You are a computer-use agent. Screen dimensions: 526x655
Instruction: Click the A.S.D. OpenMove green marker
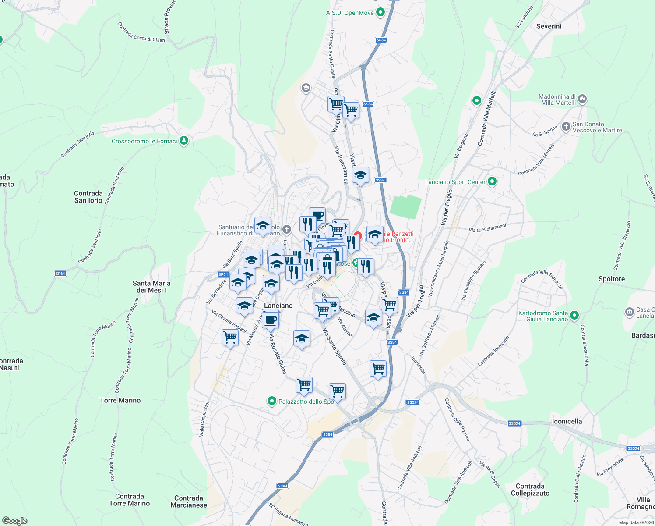380,12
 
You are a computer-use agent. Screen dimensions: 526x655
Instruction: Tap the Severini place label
549,26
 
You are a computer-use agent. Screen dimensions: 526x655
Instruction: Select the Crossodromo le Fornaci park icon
184,141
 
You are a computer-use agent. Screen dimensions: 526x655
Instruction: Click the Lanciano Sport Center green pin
492,181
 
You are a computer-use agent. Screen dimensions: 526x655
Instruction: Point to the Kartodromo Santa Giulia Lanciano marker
575,315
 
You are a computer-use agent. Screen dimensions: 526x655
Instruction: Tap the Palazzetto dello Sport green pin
272,401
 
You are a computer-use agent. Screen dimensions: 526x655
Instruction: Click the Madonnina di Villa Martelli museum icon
582,99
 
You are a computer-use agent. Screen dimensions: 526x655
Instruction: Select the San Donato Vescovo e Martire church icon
566,127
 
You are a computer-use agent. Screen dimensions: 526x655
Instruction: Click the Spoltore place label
612,279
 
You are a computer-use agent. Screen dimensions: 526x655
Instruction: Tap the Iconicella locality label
567,421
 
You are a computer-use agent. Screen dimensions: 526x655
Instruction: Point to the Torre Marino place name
120,400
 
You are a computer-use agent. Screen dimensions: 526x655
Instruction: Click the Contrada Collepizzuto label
530,490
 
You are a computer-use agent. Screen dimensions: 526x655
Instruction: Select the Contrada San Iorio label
88,197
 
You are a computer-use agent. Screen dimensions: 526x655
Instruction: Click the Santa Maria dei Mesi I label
151,287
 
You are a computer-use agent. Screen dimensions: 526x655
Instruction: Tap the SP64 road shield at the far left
60,274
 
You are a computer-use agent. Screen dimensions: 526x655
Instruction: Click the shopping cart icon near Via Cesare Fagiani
230,338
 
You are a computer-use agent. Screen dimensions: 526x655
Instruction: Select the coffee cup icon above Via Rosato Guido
270,319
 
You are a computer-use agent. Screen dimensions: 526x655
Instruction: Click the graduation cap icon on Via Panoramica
360,175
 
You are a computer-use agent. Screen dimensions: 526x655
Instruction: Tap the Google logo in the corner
14,520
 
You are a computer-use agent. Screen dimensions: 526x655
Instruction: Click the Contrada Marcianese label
189,501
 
